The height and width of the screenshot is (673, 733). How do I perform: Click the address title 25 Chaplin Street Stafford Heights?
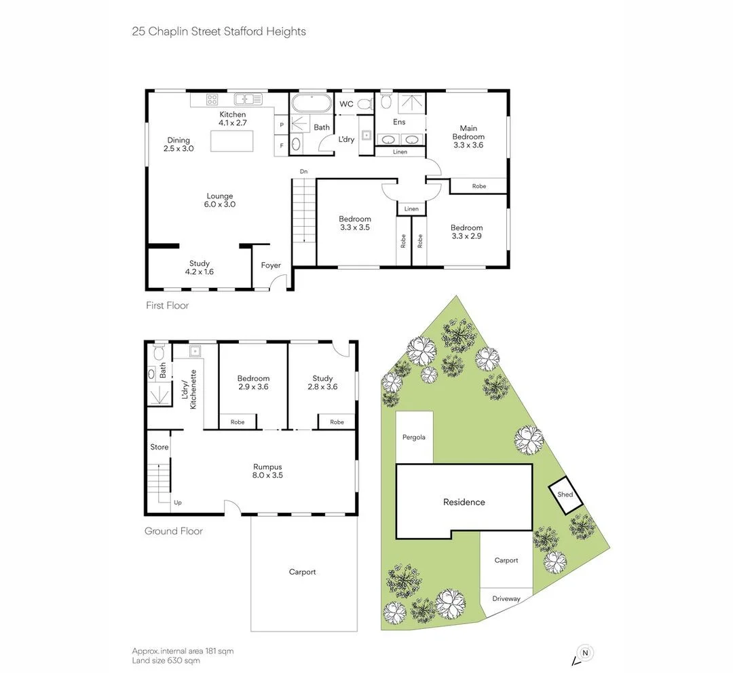click(x=219, y=31)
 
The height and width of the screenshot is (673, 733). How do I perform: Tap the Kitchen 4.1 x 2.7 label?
click(x=232, y=119)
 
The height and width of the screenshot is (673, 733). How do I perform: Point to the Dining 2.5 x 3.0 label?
click(x=178, y=144)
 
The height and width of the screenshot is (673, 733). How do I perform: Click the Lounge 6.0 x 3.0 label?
click(x=220, y=200)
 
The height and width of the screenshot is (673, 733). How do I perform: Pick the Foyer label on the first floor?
click(x=271, y=266)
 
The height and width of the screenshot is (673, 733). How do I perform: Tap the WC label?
click(x=346, y=104)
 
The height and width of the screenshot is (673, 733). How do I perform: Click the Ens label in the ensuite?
click(x=399, y=122)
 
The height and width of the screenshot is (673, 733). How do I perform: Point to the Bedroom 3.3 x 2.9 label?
click(x=467, y=232)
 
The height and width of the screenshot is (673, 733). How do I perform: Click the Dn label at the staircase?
click(x=303, y=172)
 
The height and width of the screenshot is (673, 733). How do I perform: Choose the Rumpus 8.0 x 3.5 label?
click(x=267, y=471)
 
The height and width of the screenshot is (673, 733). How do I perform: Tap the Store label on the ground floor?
click(x=159, y=447)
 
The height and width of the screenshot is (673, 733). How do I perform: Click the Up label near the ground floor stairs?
click(x=178, y=503)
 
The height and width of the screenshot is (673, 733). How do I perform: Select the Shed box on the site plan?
click(x=565, y=494)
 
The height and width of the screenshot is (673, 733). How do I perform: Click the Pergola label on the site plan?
click(x=413, y=437)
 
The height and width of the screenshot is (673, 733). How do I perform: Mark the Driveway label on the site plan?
click(x=506, y=599)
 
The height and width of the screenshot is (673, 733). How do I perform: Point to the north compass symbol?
click(x=585, y=653)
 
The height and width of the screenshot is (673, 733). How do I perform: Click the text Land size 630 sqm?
click(x=166, y=660)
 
